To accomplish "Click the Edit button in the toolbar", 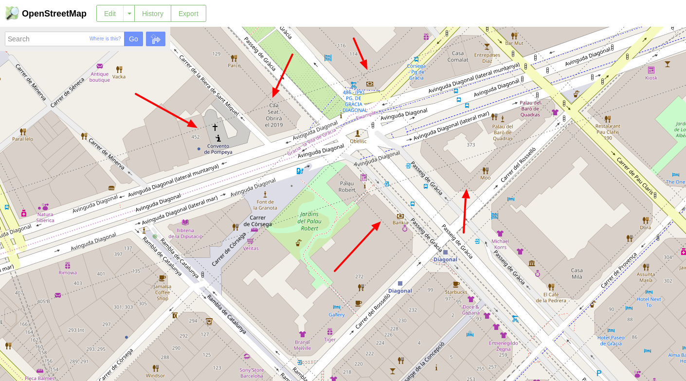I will (110, 14).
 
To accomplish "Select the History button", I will (152, 14).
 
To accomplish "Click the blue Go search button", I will (133, 39).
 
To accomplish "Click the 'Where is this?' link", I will (105, 39).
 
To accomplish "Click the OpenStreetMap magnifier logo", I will (12, 13).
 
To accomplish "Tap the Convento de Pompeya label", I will (218, 149).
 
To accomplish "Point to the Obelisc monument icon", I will (358, 133).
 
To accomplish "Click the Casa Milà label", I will (577, 273).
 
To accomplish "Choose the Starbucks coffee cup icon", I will (456, 284).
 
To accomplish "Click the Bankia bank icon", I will (400, 216).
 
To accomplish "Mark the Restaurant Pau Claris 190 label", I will (608, 132).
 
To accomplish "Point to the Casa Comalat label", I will (458, 56).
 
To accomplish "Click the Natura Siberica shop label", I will (46, 217).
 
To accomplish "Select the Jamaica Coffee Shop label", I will (162, 292).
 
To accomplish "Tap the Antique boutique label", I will (100, 77).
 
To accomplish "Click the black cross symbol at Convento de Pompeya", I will (215, 127).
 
